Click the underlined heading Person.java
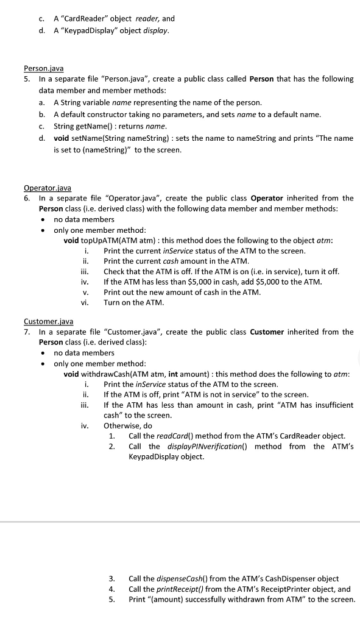[x=43, y=68]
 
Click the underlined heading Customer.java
[x=49, y=321]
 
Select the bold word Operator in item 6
[x=267, y=198]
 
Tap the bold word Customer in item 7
[x=267, y=331]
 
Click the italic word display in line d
[x=155, y=30]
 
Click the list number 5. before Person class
[x=27, y=79]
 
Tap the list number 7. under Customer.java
[x=27, y=331]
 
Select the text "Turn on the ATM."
[x=132, y=302]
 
